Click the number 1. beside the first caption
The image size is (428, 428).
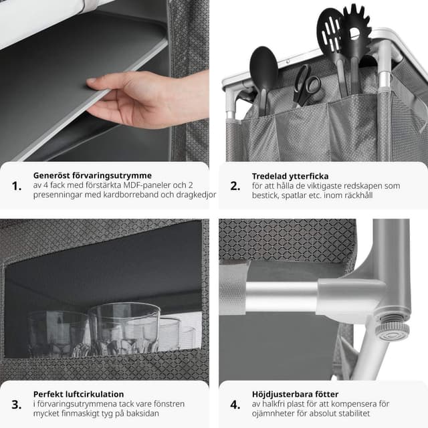17,186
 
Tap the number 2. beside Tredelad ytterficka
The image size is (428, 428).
235,186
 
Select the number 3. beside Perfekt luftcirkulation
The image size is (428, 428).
17,405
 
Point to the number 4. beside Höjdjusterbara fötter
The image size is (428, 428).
235,405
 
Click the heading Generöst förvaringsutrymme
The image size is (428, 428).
92,175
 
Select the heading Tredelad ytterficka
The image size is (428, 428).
290,176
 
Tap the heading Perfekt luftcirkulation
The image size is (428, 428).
79,394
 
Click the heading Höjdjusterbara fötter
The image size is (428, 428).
295,395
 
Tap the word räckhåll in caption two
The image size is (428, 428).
358,195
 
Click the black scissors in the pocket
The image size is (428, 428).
306,86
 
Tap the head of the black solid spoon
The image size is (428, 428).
263,67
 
